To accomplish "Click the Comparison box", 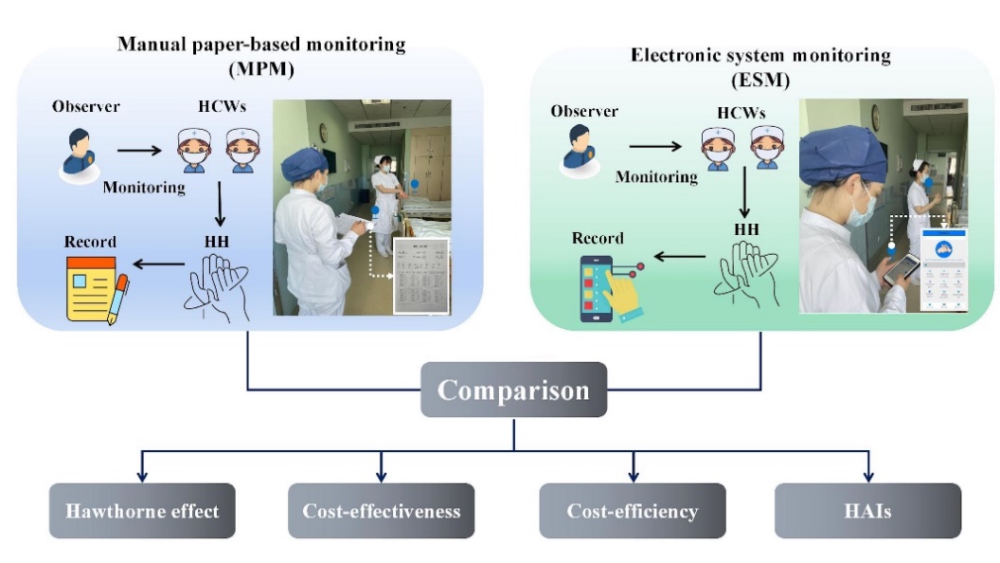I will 513,390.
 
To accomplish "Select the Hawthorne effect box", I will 142,511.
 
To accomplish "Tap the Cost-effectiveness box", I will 382,511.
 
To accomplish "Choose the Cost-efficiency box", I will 632,511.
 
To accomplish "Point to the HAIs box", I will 867,511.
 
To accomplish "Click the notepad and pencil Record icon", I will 96,290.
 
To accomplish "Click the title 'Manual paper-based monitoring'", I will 261,45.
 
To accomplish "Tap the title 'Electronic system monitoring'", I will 760,55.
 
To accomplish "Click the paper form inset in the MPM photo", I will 420,276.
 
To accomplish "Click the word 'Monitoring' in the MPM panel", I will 143,187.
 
